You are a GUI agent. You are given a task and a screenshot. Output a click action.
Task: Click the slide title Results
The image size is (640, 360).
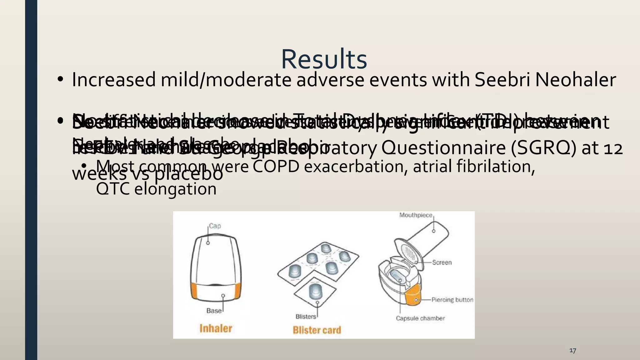coord(324,59)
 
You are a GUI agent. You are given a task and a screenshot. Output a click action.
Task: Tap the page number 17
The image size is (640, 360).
coord(572,350)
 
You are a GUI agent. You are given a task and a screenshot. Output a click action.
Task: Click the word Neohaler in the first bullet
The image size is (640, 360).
coord(576,80)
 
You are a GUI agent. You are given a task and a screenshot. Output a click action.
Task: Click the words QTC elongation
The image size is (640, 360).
coord(156,189)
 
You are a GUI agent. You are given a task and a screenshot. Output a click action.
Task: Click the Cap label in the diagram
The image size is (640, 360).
coord(215,226)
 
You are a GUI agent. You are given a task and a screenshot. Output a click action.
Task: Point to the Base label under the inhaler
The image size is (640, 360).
coord(214,311)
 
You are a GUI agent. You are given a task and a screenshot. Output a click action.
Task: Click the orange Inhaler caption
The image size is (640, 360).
coord(216,328)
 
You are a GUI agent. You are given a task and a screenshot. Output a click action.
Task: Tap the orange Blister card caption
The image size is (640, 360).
coord(317,330)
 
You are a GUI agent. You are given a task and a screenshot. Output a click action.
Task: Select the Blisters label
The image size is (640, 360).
coord(306,317)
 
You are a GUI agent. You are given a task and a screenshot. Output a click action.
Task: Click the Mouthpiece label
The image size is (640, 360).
coord(416,215)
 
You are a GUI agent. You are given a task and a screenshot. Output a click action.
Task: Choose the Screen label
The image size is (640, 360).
coord(442,262)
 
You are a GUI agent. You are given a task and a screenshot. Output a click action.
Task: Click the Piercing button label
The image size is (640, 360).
coord(452,300)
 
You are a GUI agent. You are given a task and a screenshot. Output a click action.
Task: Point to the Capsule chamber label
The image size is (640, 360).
coord(420,318)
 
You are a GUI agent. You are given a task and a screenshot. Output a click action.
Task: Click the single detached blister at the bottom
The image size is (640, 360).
coord(315,291)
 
